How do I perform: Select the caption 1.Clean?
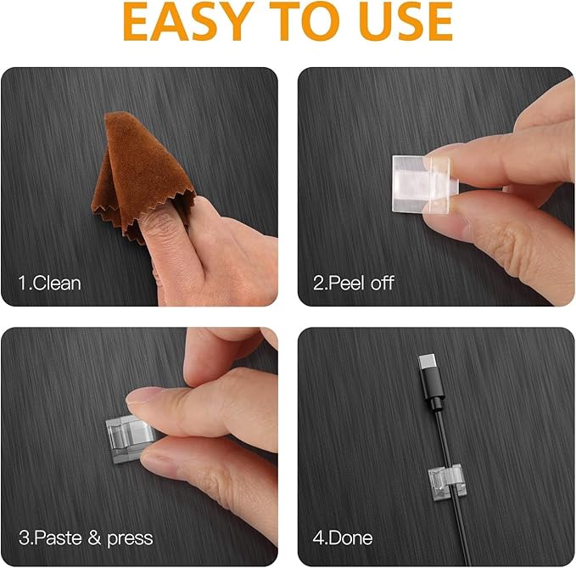[x=50, y=283]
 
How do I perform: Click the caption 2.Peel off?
[x=354, y=283]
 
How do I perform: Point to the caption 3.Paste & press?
[x=86, y=537]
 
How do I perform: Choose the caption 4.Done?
[x=343, y=537]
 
